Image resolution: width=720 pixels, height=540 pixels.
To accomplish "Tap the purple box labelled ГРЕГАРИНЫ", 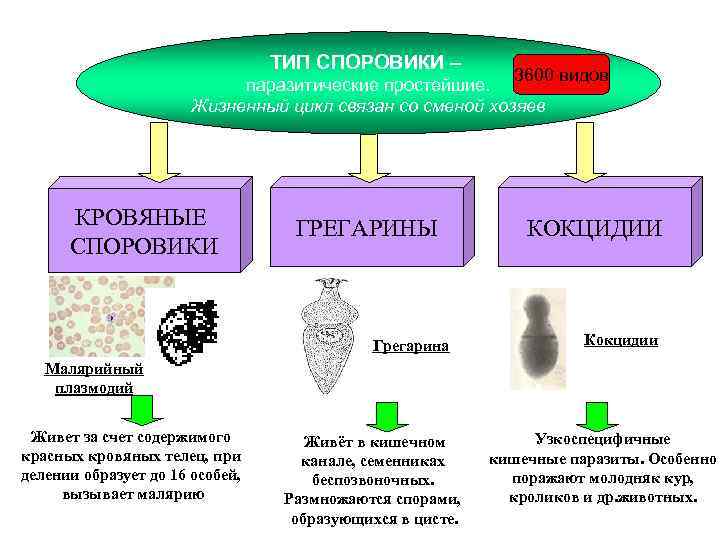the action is click(x=366, y=229).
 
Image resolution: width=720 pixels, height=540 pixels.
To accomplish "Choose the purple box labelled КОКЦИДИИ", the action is click(x=594, y=229).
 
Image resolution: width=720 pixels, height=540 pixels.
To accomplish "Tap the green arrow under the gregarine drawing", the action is click(x=384, y=415).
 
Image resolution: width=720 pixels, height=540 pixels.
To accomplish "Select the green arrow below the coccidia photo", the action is click(x=598, y=415).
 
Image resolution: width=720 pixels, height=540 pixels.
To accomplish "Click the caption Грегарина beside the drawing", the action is click(x=411, y=347).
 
